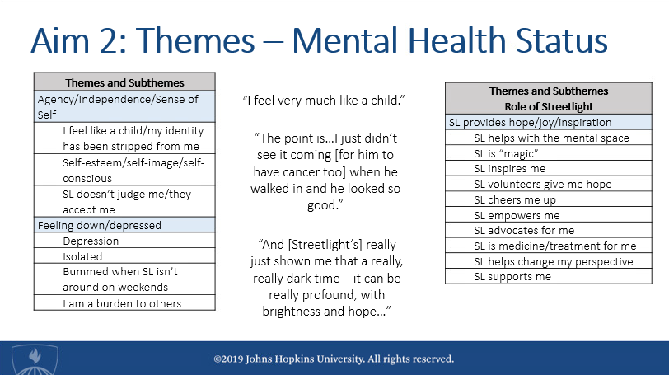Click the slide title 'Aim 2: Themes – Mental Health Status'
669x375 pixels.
(x=319, y=40)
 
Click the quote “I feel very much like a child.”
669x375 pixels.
(x=324, y=101)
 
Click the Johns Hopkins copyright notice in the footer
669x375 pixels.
(x=334, y=359)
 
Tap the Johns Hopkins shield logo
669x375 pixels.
(x=35, y=360)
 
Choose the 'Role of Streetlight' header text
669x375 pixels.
(x=549, y=106)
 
